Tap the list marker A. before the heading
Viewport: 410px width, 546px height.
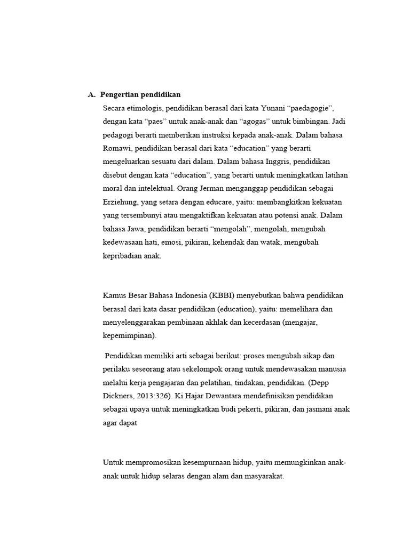(x=91, y=95)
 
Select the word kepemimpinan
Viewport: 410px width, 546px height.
(x=128, y=336)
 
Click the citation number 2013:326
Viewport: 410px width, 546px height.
(x=153, y=396)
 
